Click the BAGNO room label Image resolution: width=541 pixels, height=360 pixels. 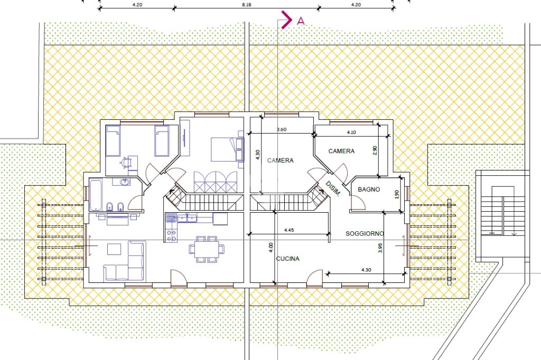[x=369, y=190]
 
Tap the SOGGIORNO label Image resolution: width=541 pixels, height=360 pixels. [x=365, y=234]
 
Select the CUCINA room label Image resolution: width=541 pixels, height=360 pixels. [x=288, y=259]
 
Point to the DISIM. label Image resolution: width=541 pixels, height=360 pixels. [x=333, y=189]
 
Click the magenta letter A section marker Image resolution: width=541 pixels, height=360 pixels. [x=301, y=21]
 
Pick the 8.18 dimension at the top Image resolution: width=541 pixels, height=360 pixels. [x=247, y=4]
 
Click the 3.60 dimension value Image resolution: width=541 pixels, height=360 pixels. [x=282, y=130]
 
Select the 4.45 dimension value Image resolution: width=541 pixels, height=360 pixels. [x=289, y=230]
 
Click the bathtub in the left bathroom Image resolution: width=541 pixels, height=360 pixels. [x=96, y=194]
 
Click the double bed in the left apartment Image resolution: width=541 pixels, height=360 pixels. [x=227, y=149]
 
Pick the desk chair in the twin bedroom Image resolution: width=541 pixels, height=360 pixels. [x=125, y=162]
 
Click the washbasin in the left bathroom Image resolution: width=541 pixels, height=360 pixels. [x=124, y=182]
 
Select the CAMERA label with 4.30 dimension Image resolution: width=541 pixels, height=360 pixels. [x=280, y=160]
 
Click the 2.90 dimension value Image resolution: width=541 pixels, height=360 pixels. [x=375, y=150]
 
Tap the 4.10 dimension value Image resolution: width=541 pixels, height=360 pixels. [x=351, y=132]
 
